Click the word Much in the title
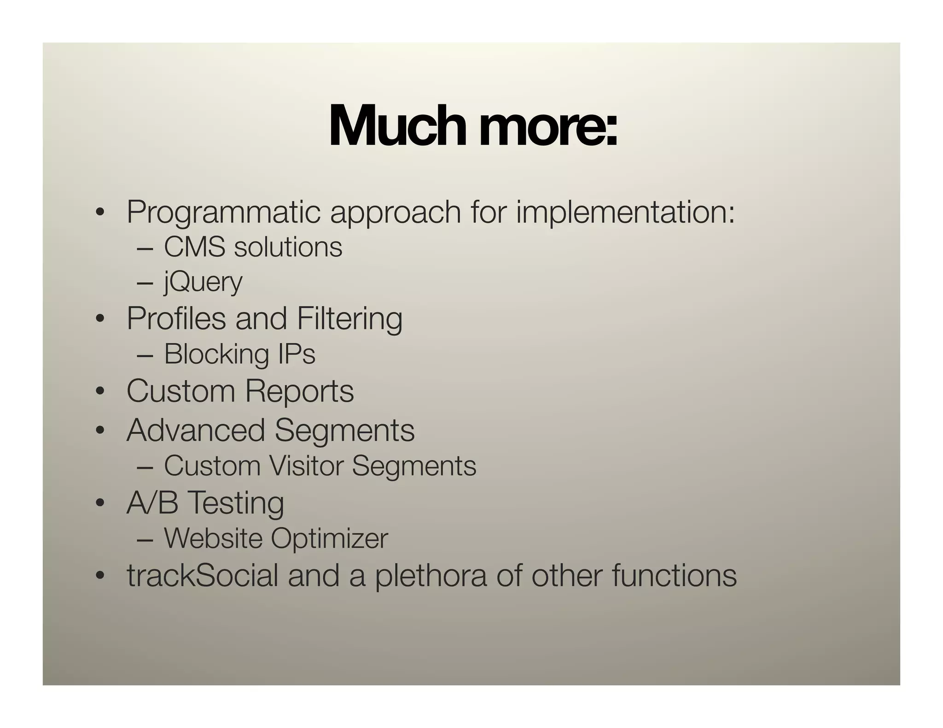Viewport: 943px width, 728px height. click(x=400, y=126)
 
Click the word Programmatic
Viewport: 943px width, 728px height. click(x=223, y=213)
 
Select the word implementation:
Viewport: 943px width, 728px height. click(x=625, y=213)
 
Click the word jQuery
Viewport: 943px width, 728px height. click(x=203, y=282)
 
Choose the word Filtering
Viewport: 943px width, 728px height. click(x=349, y=318)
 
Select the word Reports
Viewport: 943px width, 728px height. click(x=299, y=391)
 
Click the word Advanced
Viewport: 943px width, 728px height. click(x=196, y=430)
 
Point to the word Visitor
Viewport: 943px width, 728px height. click(x=306, y=466)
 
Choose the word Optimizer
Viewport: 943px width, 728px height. click(x=329, y=538)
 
